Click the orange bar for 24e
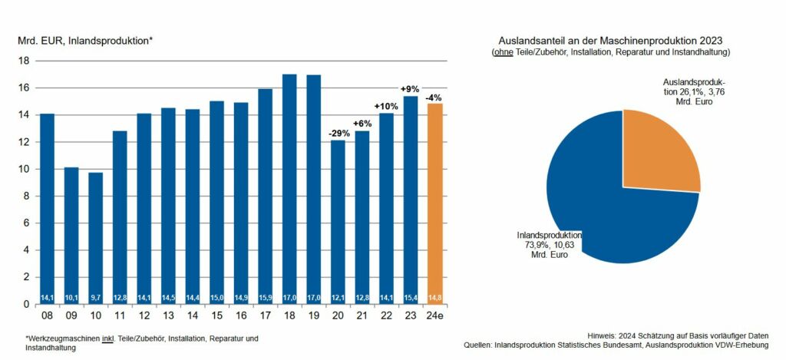pos(435,203)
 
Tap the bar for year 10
pos(95,238)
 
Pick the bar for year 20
pos(338,222)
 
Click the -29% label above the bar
pos(338,133)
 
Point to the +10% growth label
pos(386,106)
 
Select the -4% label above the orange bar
pos(435,97)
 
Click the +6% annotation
pos(362,124)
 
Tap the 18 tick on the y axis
pos(23,61)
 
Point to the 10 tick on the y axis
pos(23,169)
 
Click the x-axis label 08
pos(47,315)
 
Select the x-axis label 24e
pos(435,315)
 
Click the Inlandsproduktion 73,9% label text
pos(550,244)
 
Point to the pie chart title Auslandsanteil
pos(611,39)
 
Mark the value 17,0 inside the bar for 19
pos(314,297)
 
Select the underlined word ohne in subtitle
pos(504,51)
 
